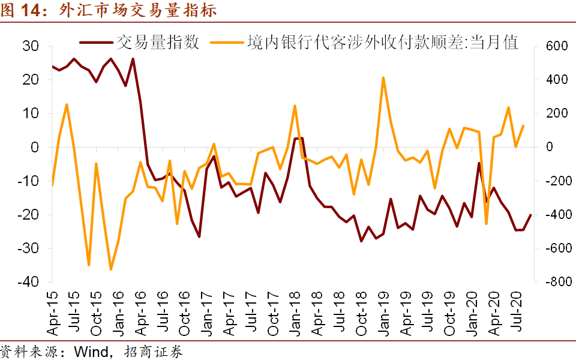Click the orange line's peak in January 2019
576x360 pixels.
coord(383,77)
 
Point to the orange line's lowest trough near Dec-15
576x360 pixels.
coord(110,269)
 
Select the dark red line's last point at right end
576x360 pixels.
coord(530,215)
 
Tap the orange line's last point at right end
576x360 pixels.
coord(523,125)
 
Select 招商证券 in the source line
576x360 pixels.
coord(154,351)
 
